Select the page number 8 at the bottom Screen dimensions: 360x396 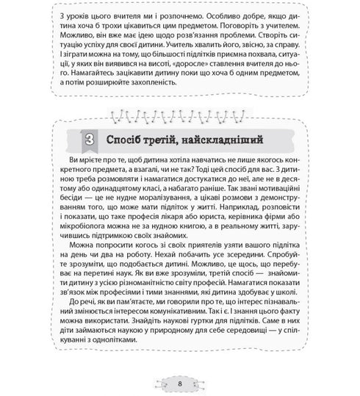(179, 384)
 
